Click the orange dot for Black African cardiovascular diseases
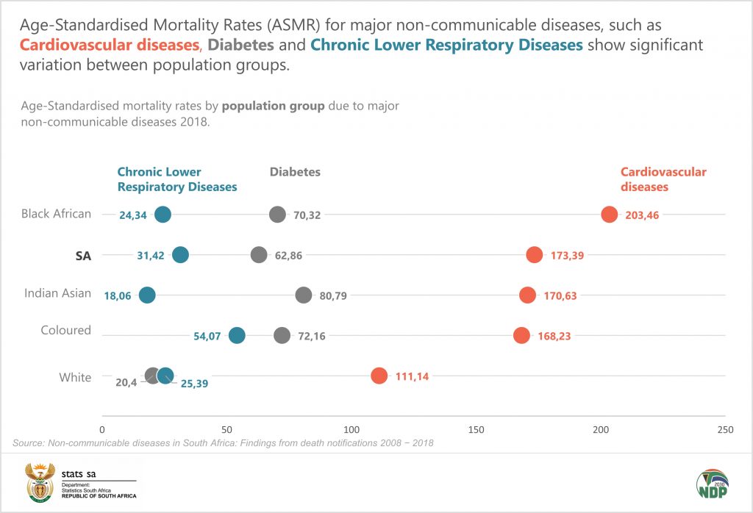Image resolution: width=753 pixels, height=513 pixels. tap(609, 215)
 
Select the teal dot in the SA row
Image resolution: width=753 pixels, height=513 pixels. tap(180, 255)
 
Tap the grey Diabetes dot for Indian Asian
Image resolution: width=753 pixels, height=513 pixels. tap(303, 295)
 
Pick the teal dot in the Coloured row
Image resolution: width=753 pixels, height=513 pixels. tap(237, 335)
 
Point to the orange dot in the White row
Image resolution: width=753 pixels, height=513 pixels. tap(379, 376)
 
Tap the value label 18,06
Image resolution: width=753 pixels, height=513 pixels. tap(118, 295)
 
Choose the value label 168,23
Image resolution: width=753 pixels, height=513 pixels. tap(554, 336)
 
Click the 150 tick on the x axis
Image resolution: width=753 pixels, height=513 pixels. tap(476, 429)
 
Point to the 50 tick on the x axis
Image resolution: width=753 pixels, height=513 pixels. tap(226, 429)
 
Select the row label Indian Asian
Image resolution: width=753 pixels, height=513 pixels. tap(58, 293)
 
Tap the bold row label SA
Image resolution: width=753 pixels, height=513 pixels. tap(83, 255)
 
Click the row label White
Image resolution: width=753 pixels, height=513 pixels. tap(75, 377)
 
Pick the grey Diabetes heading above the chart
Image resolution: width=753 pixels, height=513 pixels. tap(295, 172)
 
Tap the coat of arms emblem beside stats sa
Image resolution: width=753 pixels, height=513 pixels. tap(40, 481)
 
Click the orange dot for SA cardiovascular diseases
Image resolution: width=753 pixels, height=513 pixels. tap(535, 255)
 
